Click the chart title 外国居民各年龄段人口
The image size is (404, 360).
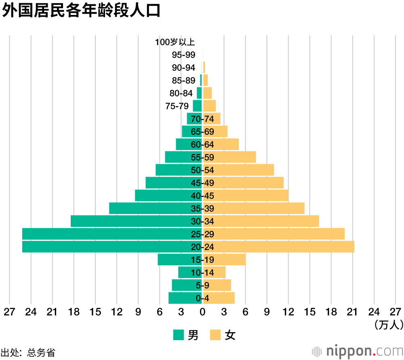(81, 11)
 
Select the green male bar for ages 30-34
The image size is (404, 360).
(129, 221)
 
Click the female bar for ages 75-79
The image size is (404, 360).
(209, 106)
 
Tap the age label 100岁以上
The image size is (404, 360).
(175, 42)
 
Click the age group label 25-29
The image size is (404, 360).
(202, 234)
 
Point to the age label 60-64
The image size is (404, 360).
(202, 144)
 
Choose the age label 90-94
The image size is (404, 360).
(183, 68)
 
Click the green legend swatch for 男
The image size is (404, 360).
(179, 335)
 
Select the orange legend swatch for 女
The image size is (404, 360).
(215, 335)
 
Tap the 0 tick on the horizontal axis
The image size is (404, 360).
(202, 312)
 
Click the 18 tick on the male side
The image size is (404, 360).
(74, 312)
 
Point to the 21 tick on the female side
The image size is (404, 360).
(353, 312)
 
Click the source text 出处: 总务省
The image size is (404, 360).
(27, 352)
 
